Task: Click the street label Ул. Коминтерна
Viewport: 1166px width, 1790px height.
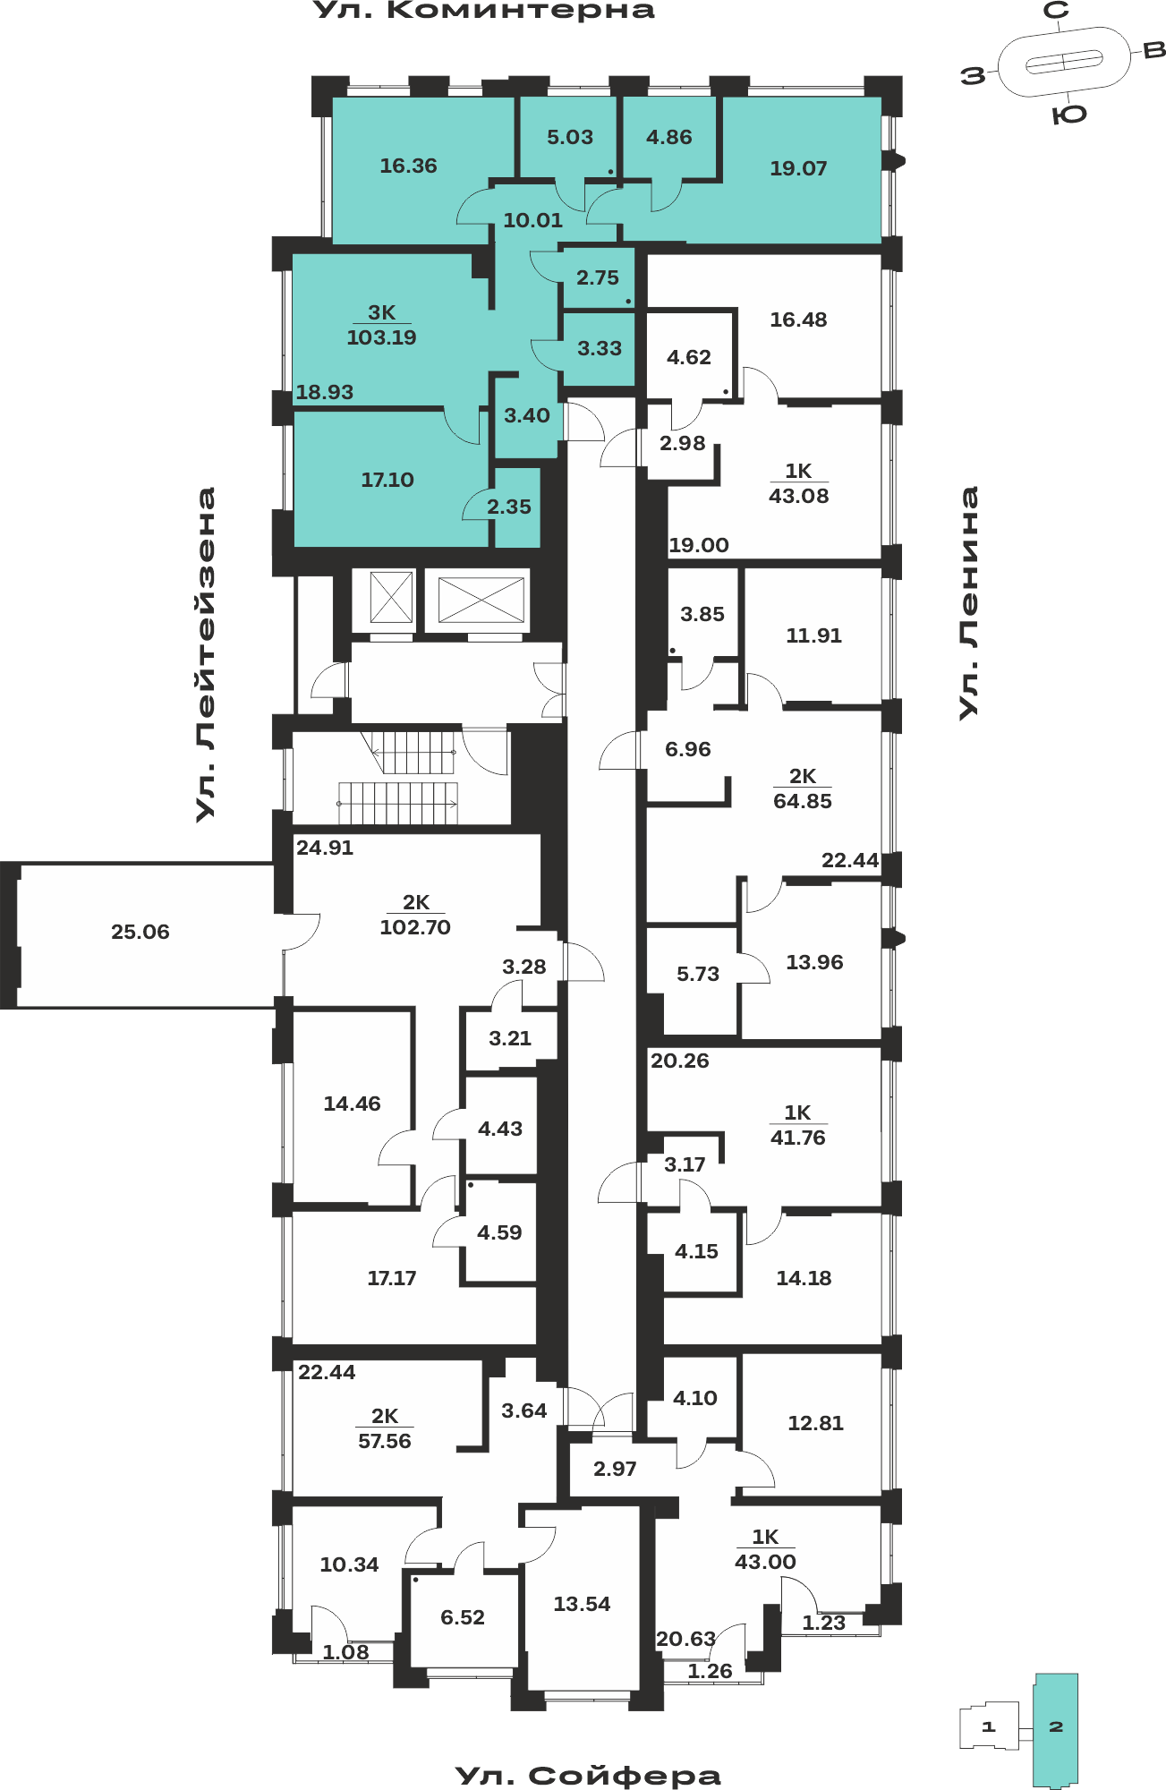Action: pyautogui.click(x=484, y=11)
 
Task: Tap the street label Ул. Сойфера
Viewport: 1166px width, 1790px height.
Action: pyautogui.click(x=588, y=1776)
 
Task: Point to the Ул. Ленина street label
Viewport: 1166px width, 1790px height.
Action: pyautogui.click(x=969, y=602)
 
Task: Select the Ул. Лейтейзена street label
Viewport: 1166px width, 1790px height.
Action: pyautogui.click(x=207, y=654)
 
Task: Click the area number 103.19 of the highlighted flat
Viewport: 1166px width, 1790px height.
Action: pyautogui.click(x=381, y=337)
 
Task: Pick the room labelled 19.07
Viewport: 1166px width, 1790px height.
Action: pyautogui.click(x=798, y=168)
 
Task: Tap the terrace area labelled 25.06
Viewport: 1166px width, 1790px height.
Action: pyautogui.click(x=140, y=932)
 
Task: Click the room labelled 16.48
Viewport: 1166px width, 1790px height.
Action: pyautogui.click(x=798, y=320)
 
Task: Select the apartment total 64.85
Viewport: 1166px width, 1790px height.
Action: pyautogui.click(x=803, y=801)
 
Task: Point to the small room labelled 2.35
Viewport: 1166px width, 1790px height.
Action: pyautogui.click(x=509, y=507)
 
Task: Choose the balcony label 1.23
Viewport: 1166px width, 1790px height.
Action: pyautogui.click(x=823, y=1623)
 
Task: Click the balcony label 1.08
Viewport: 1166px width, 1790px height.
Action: pyautogui.click(x=345, y=1653)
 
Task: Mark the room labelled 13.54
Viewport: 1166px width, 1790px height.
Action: pyautogui.click(x=582, y=1604)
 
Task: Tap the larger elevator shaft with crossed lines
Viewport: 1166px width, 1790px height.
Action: pyautogui.click(x=481, y=600)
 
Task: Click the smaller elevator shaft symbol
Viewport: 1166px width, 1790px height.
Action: pyautogui.click(x=391, y=597)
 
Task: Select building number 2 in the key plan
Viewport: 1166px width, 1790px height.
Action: pyautogui.click(x=1056, y=1726)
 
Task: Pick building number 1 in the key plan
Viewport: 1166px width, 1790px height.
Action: pyautogui.click(x=989, y=1726)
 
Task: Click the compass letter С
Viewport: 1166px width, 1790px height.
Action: pyautogui.click(x=1057, y=11)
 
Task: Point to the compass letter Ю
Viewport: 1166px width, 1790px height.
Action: pyautogui.click(x=1068, y=115)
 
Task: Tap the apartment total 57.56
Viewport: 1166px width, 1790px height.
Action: pyautogui.click(x=385, y=1441)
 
